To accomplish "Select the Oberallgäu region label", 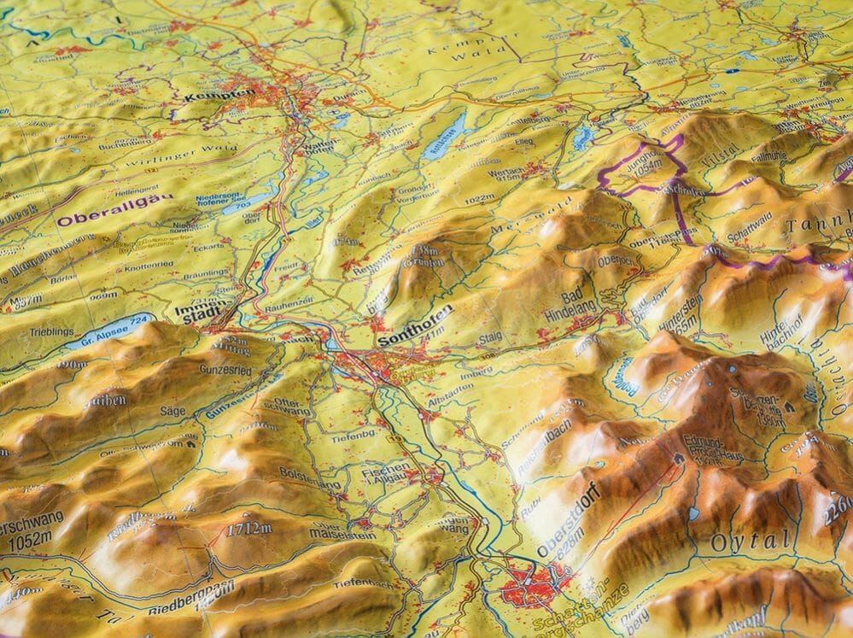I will (x=114, y=208).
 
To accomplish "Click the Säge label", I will (x=173, y=410).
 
